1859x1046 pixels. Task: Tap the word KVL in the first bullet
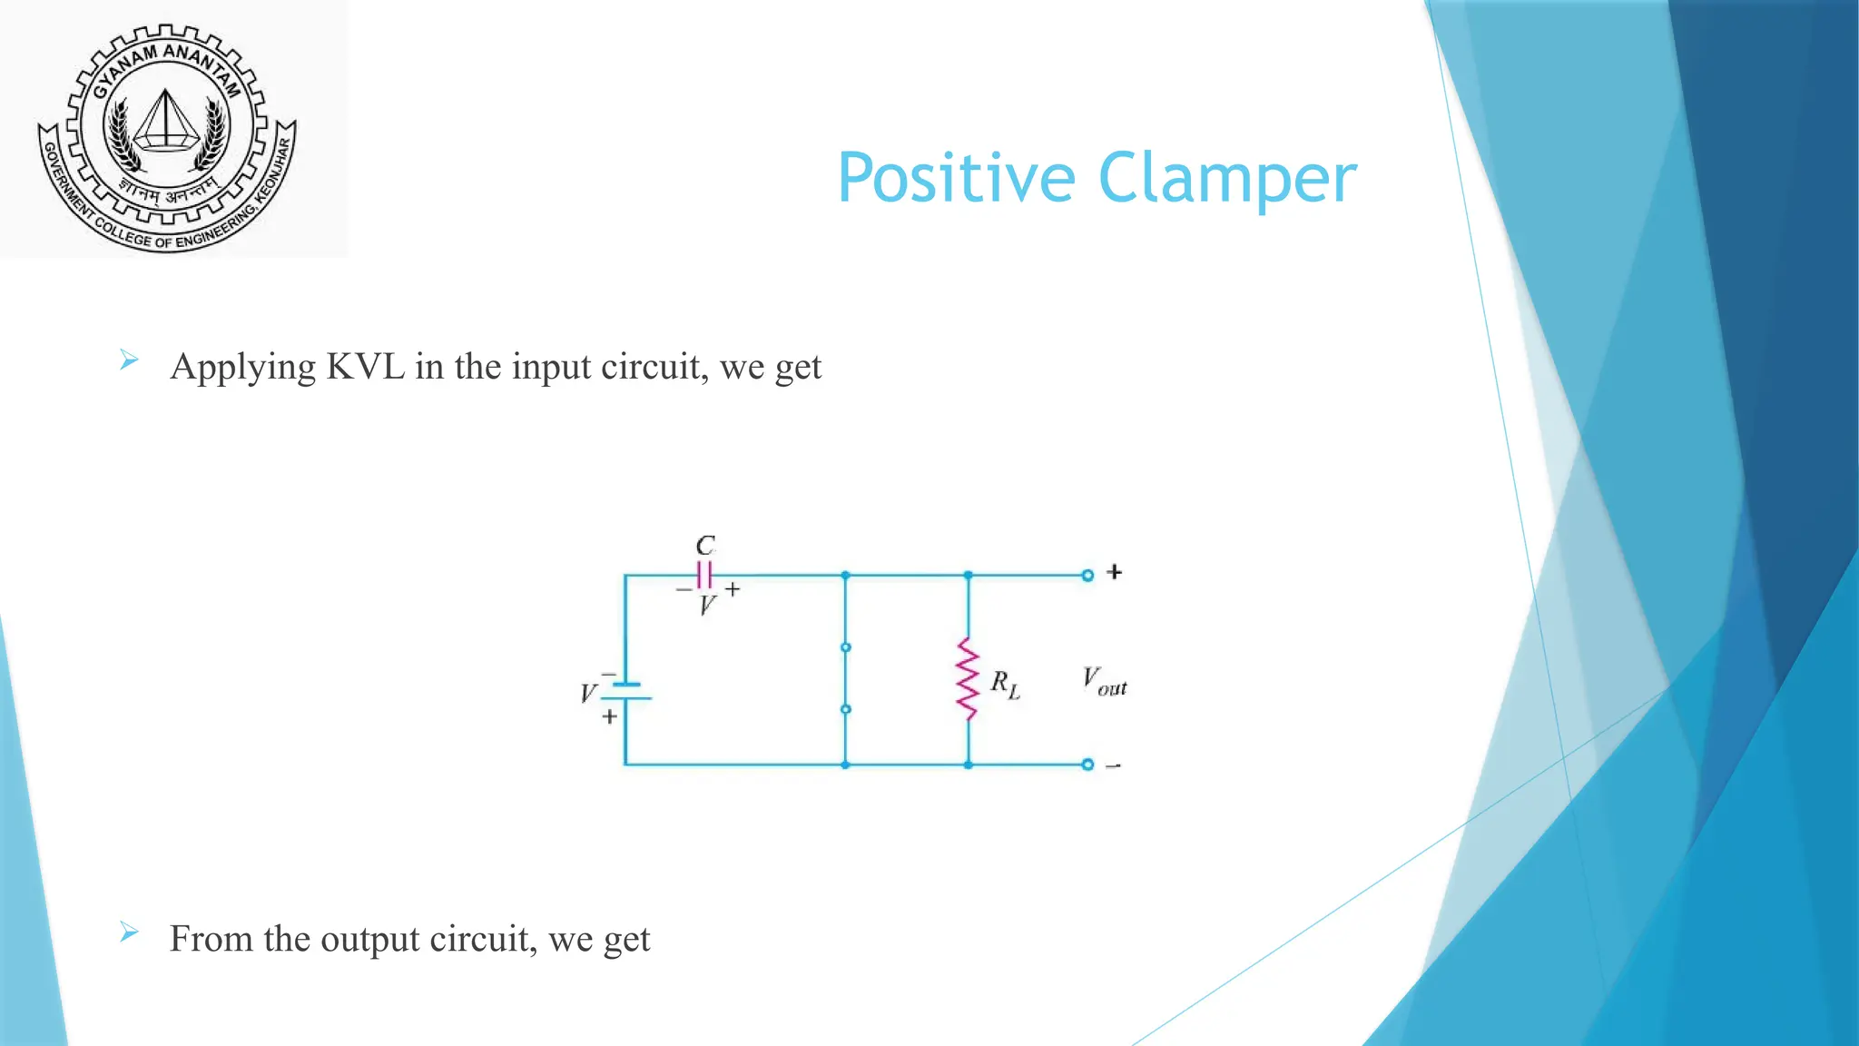click(365, 367)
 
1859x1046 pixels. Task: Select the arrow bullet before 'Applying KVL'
click(129, 361)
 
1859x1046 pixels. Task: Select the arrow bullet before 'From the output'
click(129, 933)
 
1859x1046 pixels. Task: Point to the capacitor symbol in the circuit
click(704, 575)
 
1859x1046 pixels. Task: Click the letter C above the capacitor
click(705, 546)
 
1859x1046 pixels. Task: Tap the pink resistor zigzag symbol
click(968, 679)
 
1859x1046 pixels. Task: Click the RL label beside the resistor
click(1005, 683)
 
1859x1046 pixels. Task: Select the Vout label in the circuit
click(1104, 681)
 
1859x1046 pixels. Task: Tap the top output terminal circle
click(1087, 575)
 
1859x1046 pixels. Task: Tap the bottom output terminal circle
click(1087, 765)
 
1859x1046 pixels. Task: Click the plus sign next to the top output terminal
click(1115, 572)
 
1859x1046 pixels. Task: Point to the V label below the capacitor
click(707, 606)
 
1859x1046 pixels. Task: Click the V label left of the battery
click(588, 694)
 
